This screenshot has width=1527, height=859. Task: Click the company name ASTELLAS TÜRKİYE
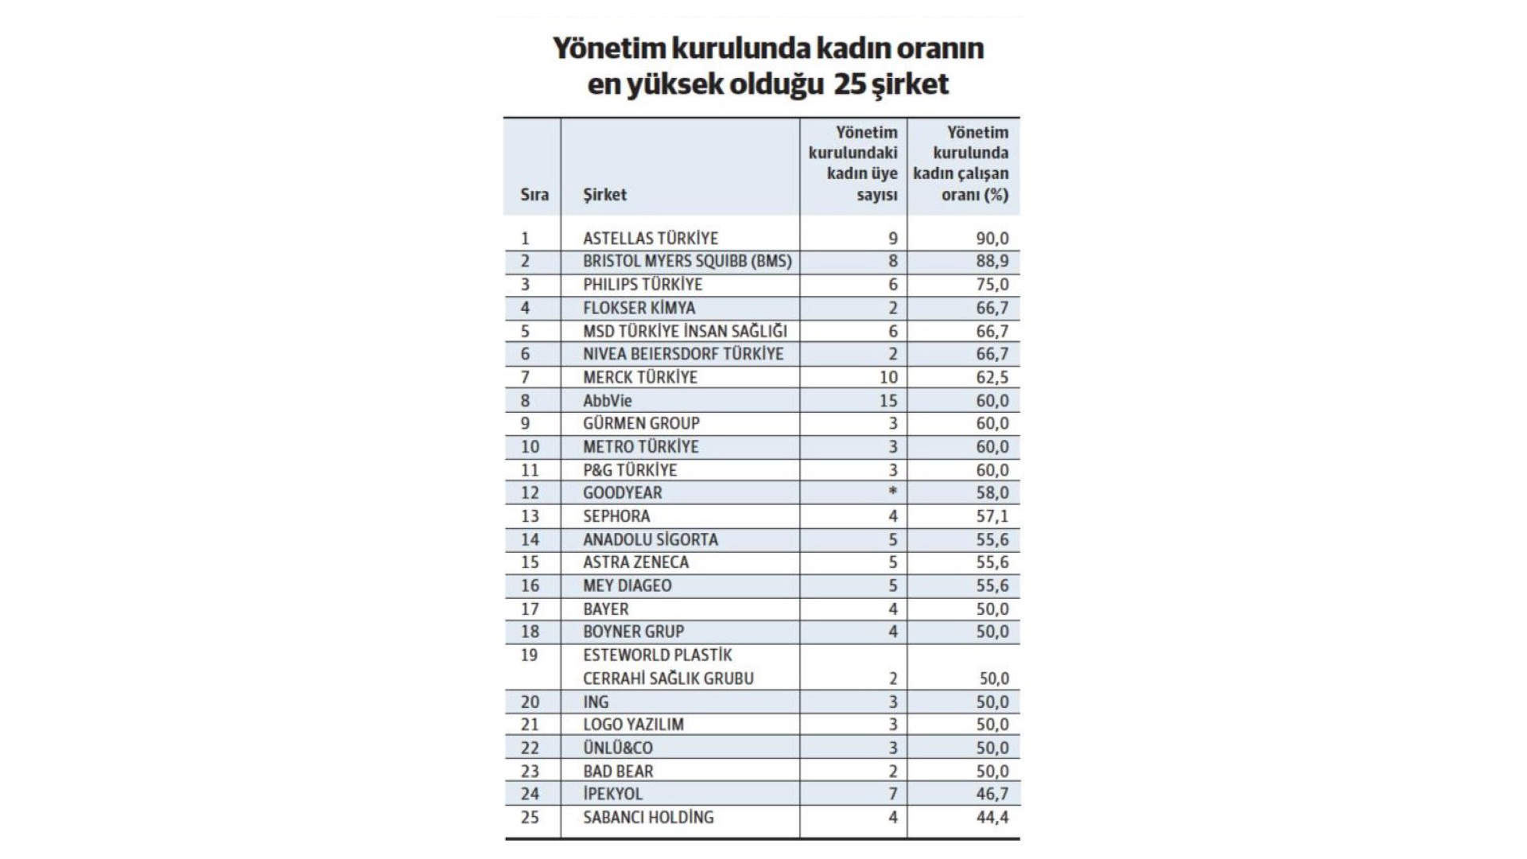pos(650,239)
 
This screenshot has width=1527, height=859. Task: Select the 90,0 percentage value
pos(992,239)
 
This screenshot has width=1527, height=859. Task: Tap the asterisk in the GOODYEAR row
pos(892,492)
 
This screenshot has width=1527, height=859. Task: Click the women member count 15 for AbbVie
pos(888,401)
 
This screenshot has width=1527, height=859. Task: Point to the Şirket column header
pos(604,195)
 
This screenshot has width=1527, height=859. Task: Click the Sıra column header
pos(534,195)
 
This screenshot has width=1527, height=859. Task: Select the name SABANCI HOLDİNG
pos(648,817)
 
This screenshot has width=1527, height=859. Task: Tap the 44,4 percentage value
pos(992,817)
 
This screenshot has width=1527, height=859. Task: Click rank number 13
pos(530,516)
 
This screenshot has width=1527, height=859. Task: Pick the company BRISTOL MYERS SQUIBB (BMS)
pos(687,262)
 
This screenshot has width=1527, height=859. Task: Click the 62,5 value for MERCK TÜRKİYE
pos(992,378)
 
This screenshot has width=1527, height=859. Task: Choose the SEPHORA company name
pos(616,516)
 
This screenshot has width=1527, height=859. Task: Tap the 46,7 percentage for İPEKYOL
pos(992,794)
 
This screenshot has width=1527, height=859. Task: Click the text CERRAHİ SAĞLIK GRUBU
pos(668,678)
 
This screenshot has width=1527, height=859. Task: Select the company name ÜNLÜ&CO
pos(618,748)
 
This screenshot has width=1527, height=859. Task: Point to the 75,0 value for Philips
pos(992,285)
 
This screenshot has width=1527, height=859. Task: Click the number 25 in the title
pos(849,84)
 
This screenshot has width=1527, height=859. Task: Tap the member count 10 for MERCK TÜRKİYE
pos(888,378)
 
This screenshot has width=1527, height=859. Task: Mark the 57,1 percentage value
pos(992,516)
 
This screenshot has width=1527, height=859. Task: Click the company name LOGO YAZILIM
pos(633,725)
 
